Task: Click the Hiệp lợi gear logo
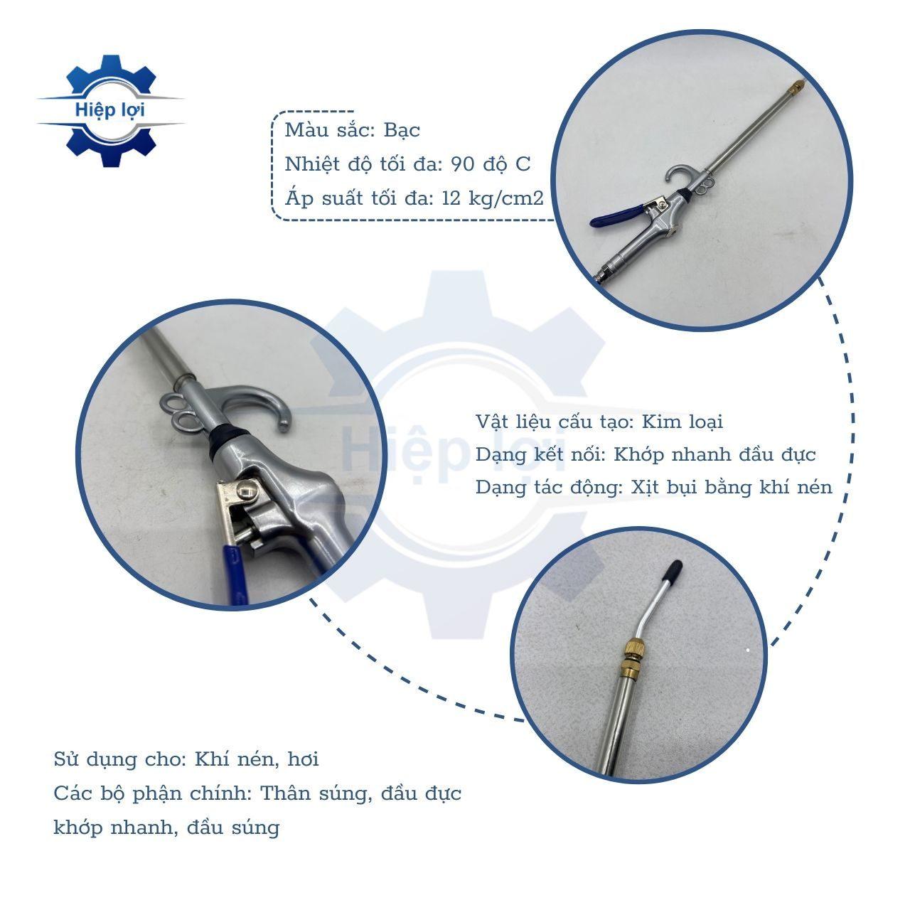[x=110, y=110]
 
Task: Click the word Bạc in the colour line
[x=402, y=130]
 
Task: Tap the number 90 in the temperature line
[x=463, y=164]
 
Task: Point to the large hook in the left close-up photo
[x=265, y=402]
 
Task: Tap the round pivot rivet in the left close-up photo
[x=247, y=491]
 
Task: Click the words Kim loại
[x=682, y=422]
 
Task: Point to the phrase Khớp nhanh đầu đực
[x=714, y=455]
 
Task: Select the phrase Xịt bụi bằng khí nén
[x=732, y=488]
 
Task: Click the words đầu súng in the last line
[x=233, y=828]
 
